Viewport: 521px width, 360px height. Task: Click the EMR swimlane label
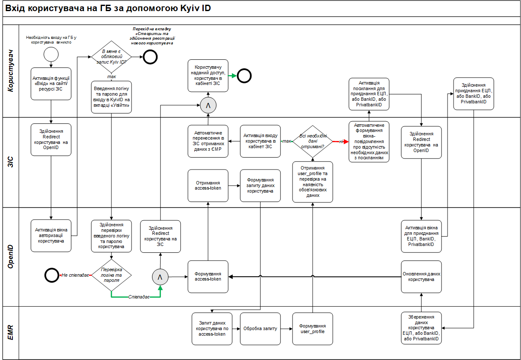point(11,332)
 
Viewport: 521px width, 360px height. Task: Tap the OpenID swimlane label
point(11,256)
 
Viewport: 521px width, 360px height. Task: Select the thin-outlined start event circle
point(51,54)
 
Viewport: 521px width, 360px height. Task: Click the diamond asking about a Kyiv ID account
point(111,57)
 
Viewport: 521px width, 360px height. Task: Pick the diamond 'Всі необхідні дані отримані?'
point(312,141)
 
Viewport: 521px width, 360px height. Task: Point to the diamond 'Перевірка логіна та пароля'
point(111,275)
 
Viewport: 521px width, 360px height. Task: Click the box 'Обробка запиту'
point(260,329)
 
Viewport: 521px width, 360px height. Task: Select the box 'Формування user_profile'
point(313,329)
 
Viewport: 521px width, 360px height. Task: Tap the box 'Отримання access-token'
point(208,185)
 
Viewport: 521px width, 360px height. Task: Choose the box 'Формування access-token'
point(208,276)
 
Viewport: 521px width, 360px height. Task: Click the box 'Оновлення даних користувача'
point(421,276)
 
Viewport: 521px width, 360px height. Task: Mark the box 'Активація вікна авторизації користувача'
point(51,236)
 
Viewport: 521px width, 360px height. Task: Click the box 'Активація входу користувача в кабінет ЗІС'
point(260,141)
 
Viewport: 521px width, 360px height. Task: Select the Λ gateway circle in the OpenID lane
point(160,277)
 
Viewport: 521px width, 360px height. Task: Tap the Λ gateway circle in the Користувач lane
point(208,105)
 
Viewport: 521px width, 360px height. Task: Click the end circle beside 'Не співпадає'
point(52,275)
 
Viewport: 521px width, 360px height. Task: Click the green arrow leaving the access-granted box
point(233,76)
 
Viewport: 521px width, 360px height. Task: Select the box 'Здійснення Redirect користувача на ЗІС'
point(160,236)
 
